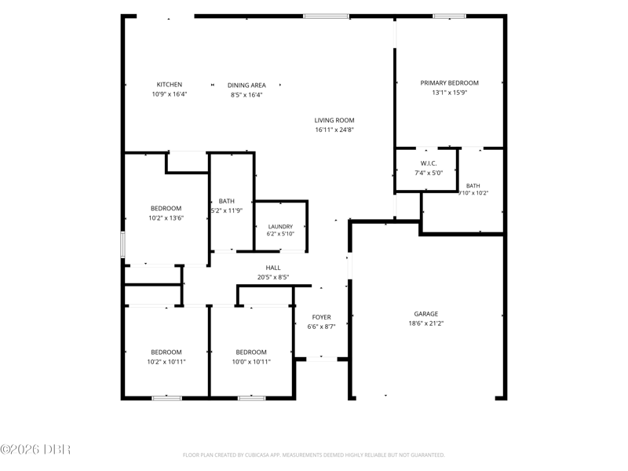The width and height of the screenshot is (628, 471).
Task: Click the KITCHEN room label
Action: [169, 85]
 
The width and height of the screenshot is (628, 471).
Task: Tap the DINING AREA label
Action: [246, 86]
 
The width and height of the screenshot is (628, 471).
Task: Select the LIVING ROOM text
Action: [334, 120]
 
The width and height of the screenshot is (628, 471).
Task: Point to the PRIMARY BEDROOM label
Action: [449, 83]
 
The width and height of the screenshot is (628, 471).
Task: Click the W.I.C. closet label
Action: [429, 163]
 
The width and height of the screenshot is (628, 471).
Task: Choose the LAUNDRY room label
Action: [280, 227]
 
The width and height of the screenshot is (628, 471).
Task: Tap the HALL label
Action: [273, 268]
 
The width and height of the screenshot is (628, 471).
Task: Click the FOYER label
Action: [322, 317]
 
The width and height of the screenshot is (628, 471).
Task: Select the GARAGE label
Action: [426, 314]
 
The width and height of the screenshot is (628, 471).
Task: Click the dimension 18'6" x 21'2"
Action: [426, 323]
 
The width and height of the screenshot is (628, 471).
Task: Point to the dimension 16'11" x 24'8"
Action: [334, 130]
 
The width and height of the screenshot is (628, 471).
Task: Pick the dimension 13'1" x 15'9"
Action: [449, 93]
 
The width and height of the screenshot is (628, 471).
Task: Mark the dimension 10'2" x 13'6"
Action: [166, 218]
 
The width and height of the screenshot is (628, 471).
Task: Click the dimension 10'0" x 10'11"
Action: [251, 362]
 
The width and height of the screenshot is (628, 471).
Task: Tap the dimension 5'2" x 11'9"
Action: [227, 210]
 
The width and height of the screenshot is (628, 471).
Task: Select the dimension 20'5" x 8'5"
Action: [273, 277]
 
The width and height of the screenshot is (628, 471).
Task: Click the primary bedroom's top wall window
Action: [449, 16]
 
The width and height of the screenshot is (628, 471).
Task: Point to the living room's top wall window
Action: [326, 16]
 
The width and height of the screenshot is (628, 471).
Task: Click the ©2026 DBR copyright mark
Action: [35, 449]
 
